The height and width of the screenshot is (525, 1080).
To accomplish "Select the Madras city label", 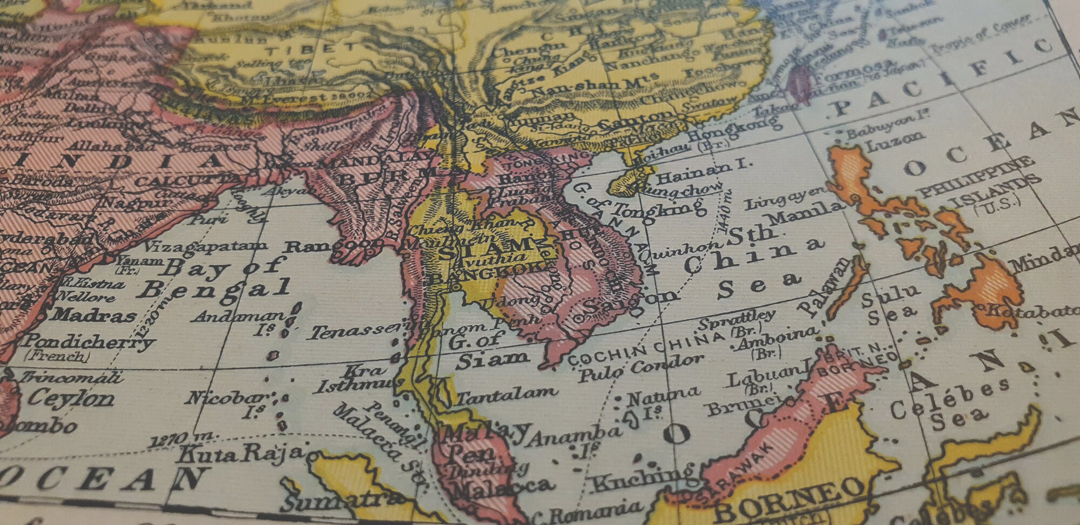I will point(94,314).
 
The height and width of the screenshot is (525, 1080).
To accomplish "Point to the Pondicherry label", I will point(89,341).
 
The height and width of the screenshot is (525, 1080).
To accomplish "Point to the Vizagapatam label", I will point(205,246).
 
